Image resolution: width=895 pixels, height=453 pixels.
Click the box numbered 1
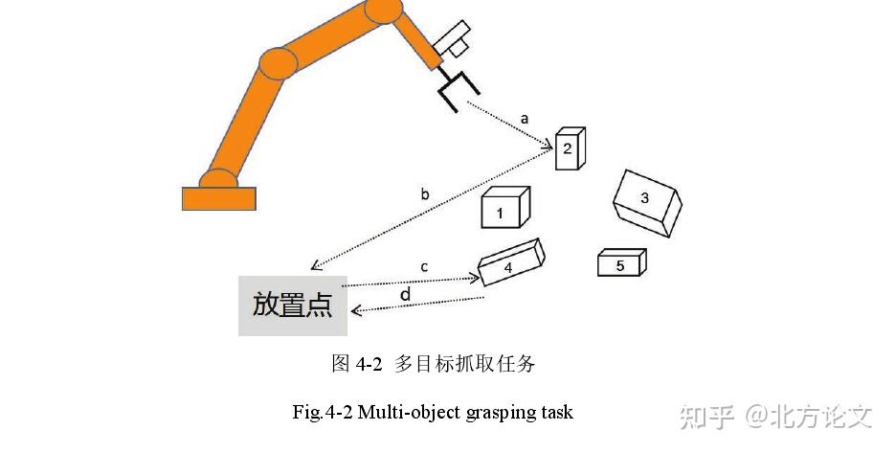(x=503, y=209)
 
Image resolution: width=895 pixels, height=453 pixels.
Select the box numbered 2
(x=570, y=147)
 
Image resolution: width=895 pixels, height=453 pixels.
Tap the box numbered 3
(x=646, y=201)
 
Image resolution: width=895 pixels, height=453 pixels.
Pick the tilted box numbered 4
(x=511, y=263)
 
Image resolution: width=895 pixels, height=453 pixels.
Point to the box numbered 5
(x=621, y=262)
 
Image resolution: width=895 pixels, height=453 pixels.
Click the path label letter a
(x=524, y=119)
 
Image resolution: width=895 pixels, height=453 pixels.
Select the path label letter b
(x=425, y=194)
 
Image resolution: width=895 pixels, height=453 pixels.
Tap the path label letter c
(x=423, y=265)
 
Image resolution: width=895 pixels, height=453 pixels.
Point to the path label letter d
(x=405, y=295)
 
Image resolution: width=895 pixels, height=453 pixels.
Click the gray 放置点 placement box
(x=292, y=306)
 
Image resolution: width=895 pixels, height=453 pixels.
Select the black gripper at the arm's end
(x=453, y=90)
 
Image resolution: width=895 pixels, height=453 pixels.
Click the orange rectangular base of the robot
(x=219, y=198)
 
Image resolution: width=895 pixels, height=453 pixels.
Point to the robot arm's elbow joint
(x=279, y=63)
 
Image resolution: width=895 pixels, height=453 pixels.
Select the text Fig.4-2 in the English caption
(x=323, y=413)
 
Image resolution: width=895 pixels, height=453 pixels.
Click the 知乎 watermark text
(x=707, y=416)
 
